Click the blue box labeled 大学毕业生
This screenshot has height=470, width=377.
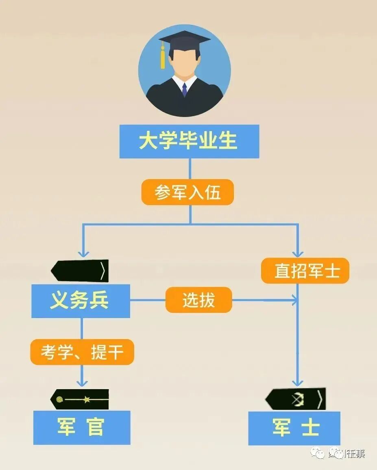(x=189, y=141)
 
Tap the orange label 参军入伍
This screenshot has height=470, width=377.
(x=187, y=192)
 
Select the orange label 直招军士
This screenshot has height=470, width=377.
(x=305, y=271)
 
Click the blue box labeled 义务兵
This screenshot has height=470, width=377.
(x=81, y=301)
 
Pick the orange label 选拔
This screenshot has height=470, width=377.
(x=198, y=300)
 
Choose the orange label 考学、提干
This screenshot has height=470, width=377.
(x=82, y=352)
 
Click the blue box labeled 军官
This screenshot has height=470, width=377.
(x=82, y=427)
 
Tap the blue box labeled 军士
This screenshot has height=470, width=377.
(x=294, y=428)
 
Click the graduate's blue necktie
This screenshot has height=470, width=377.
(x=184, y=89)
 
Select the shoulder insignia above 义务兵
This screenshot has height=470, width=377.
(x=80, y=271)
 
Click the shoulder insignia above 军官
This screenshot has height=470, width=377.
(x=80, y=399)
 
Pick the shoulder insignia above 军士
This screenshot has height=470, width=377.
(x=296, y=399)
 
